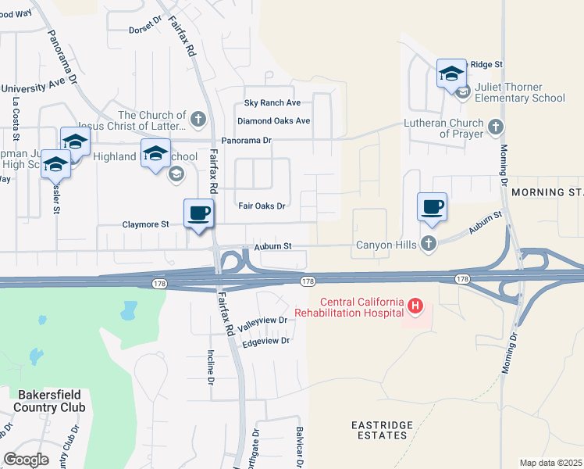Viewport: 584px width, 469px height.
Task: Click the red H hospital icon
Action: pos(415,308)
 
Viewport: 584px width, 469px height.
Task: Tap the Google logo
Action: pos(26,460)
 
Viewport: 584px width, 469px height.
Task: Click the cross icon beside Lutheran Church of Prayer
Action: pos(495,127)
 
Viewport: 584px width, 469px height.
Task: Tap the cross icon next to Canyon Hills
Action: pos(428,245)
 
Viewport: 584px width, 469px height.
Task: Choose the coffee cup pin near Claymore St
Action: pos(198,213)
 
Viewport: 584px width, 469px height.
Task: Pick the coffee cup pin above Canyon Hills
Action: pos(432,207)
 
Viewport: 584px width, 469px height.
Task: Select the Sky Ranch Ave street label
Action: pos(272,103)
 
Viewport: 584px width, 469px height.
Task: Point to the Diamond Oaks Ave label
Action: pos(274,121)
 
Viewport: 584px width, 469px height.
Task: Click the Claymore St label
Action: pos(146,224)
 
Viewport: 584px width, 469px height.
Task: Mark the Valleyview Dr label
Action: pos(263,324)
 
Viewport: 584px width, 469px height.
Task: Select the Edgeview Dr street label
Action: pos(266,341)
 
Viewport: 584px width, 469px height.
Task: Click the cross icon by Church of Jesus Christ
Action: pos(198,120)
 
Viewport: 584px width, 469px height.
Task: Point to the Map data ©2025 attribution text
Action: pos(550,463)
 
